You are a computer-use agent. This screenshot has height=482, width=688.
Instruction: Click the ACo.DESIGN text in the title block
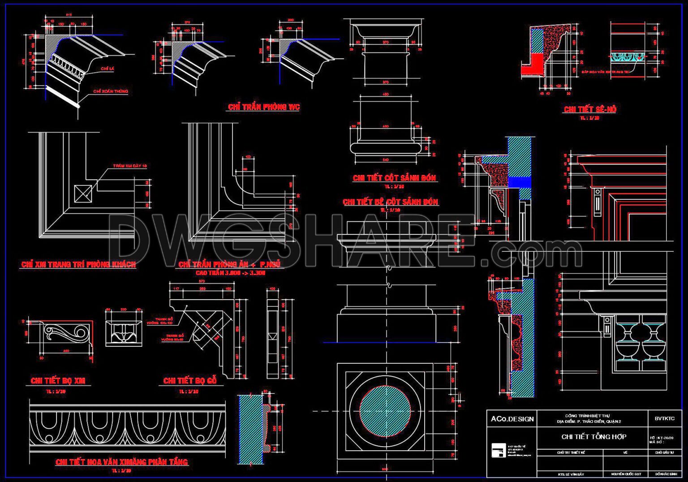pos(512,419)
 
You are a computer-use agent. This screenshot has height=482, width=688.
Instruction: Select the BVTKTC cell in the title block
pos(664,418)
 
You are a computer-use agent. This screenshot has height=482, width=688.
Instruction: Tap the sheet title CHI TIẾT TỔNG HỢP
pos(593,436)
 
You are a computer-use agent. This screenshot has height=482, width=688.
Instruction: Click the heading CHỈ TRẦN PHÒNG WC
pos(263,107)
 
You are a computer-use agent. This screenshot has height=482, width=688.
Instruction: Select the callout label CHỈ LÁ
pos(107,69)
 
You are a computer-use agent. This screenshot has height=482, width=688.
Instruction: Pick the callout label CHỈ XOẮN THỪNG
pos(111,91)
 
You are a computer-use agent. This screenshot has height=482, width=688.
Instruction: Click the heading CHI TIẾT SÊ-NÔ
pos(589,109)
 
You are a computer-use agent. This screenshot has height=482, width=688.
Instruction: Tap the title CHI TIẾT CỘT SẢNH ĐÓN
pos(394,178)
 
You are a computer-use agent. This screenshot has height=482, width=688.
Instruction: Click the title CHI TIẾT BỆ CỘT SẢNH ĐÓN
pos(390,202)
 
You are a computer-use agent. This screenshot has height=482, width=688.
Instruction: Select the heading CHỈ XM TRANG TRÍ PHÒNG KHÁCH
pos(78,264)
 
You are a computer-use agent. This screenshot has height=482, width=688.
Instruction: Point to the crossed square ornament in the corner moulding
pos(83,194)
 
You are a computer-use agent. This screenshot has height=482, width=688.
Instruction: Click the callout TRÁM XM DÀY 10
pos(129,166)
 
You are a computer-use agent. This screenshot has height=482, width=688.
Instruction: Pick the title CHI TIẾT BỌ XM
pos(58,381)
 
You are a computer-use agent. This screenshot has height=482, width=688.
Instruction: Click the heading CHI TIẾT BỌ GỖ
pos(190,381)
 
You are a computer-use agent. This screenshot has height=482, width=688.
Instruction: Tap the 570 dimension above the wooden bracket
pos(201,281)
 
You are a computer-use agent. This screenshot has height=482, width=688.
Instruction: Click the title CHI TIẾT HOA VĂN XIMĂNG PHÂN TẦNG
pos(121,462)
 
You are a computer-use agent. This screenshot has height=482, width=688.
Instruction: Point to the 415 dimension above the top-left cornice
pos(69,15)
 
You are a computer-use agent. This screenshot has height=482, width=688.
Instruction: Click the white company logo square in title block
pos(498,450)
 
